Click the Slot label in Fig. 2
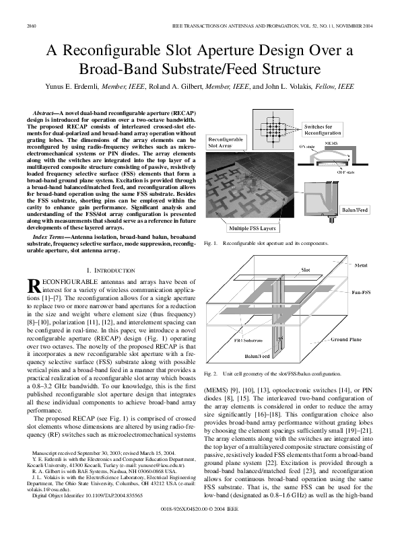point(304,269)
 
